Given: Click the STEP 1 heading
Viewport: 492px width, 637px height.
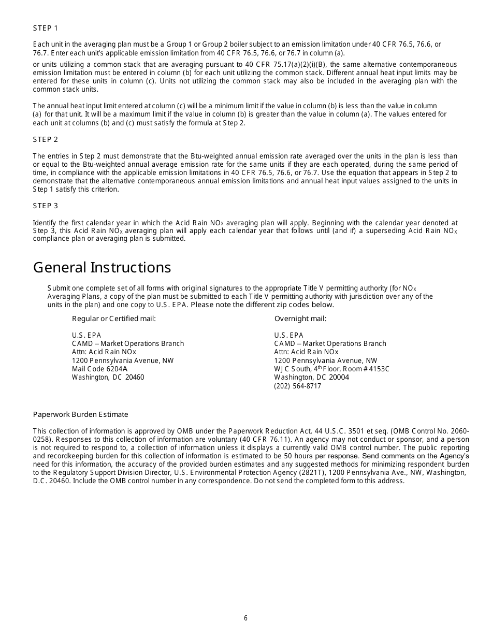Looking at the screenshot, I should pyautogui.click(x=46, y=28).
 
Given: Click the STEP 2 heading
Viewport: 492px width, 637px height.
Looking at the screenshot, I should pyautogui.click(x=46, y=139).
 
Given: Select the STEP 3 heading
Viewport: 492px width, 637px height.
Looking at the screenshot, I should pyautogui.click(x=46, y=206).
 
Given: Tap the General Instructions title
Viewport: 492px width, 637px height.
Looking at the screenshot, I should pyautogui.click(x=102, y=267).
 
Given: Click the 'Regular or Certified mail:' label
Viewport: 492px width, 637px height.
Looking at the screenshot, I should pyautogui.click(x=113, y=319).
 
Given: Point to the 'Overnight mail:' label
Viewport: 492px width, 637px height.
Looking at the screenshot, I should pyautogui.click(x=300, y=319).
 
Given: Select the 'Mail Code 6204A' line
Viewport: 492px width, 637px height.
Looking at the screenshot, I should pyautogui.click(x=99, y=369).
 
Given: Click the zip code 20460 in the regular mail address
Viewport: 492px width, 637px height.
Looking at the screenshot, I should pyautogui.click(x=135, y=377).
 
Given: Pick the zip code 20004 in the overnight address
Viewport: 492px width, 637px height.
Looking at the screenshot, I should pyautogui.click(x=339, y=377).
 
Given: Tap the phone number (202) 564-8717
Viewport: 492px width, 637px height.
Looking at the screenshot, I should pyautogui.click(x=297, y=386).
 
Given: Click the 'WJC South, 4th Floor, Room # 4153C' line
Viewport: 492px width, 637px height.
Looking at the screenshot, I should pyautogui.click(x=331, y=369).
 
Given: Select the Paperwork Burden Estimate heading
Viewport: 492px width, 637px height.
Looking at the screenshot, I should pyautogui.click(x=80, y=414).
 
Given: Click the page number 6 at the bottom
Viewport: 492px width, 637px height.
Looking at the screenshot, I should pyautogui.click(x=245, y=618).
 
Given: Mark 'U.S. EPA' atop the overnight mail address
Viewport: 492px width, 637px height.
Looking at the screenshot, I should pyautogui.click(x=288, y=335).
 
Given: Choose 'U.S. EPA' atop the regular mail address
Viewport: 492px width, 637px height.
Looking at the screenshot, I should pyautogui.click(x=86, y=335).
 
